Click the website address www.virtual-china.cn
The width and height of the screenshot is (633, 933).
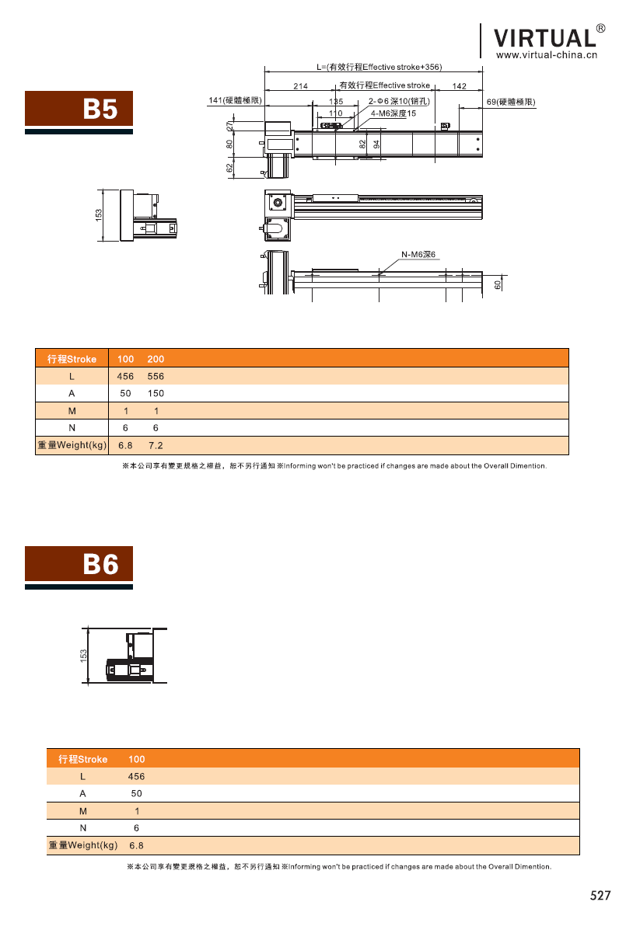coord(547,55)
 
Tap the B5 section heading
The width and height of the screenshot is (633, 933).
coord(100,109)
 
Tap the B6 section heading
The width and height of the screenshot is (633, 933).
coord(100,564)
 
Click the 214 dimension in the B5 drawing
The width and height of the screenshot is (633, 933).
coord(300,85)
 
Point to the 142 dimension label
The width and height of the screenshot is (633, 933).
coord(459,85)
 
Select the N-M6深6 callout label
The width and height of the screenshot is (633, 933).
coord(418,254)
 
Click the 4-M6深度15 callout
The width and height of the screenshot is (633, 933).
coord(393,113)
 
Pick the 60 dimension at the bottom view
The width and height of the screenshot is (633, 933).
coord(498,285)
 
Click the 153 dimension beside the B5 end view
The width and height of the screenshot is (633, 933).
coord(99,215)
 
